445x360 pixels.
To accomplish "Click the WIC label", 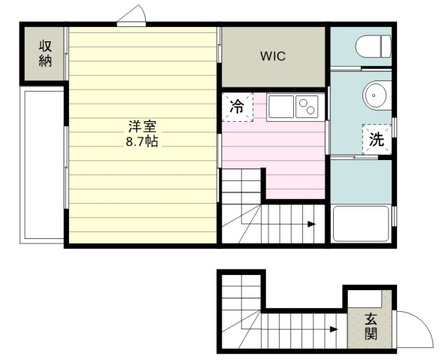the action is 273,56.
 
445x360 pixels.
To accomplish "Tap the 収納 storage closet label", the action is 45,53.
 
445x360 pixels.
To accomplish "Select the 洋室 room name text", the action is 142,126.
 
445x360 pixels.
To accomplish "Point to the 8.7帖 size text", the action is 142,141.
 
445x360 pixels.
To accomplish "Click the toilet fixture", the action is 373,47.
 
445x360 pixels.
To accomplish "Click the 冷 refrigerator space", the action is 237,107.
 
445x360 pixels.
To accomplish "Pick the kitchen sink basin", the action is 281,107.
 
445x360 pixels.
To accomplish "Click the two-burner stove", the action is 307,107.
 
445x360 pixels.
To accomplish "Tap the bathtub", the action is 361,224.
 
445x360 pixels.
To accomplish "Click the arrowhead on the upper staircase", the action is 312,224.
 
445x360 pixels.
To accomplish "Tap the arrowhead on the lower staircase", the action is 334,329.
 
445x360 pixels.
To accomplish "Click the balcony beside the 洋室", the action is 42,165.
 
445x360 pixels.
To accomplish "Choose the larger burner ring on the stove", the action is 310,110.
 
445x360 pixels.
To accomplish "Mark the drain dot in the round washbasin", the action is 374,95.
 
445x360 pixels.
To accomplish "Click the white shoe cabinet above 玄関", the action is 365,298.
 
